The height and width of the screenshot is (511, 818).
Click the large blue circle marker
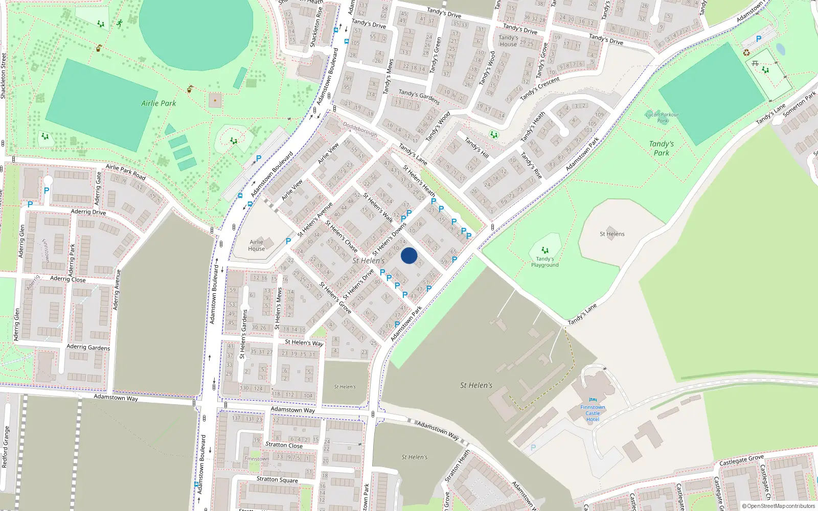409,255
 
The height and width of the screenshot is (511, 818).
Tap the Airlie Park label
158,103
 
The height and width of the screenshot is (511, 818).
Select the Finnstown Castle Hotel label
593,413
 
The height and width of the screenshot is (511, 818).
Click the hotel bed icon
593,400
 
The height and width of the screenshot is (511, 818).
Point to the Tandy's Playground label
544,262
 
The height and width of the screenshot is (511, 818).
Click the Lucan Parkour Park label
662,118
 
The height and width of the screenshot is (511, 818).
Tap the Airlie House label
257,245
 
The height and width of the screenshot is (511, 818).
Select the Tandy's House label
508,41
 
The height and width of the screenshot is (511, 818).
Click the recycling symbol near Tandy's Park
746,52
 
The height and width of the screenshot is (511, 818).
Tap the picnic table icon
755,63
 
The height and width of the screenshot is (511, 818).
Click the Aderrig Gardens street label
88,347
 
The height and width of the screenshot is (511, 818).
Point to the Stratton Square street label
277,479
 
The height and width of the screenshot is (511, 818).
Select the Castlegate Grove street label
741,460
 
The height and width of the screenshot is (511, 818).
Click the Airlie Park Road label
126,172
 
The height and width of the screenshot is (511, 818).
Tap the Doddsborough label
360,129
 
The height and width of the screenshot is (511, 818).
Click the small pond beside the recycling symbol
780,49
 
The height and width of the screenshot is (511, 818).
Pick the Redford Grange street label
6,447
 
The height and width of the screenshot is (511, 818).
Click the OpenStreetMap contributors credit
778,506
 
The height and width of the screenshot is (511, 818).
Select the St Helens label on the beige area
612,234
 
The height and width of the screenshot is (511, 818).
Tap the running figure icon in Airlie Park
120,24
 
